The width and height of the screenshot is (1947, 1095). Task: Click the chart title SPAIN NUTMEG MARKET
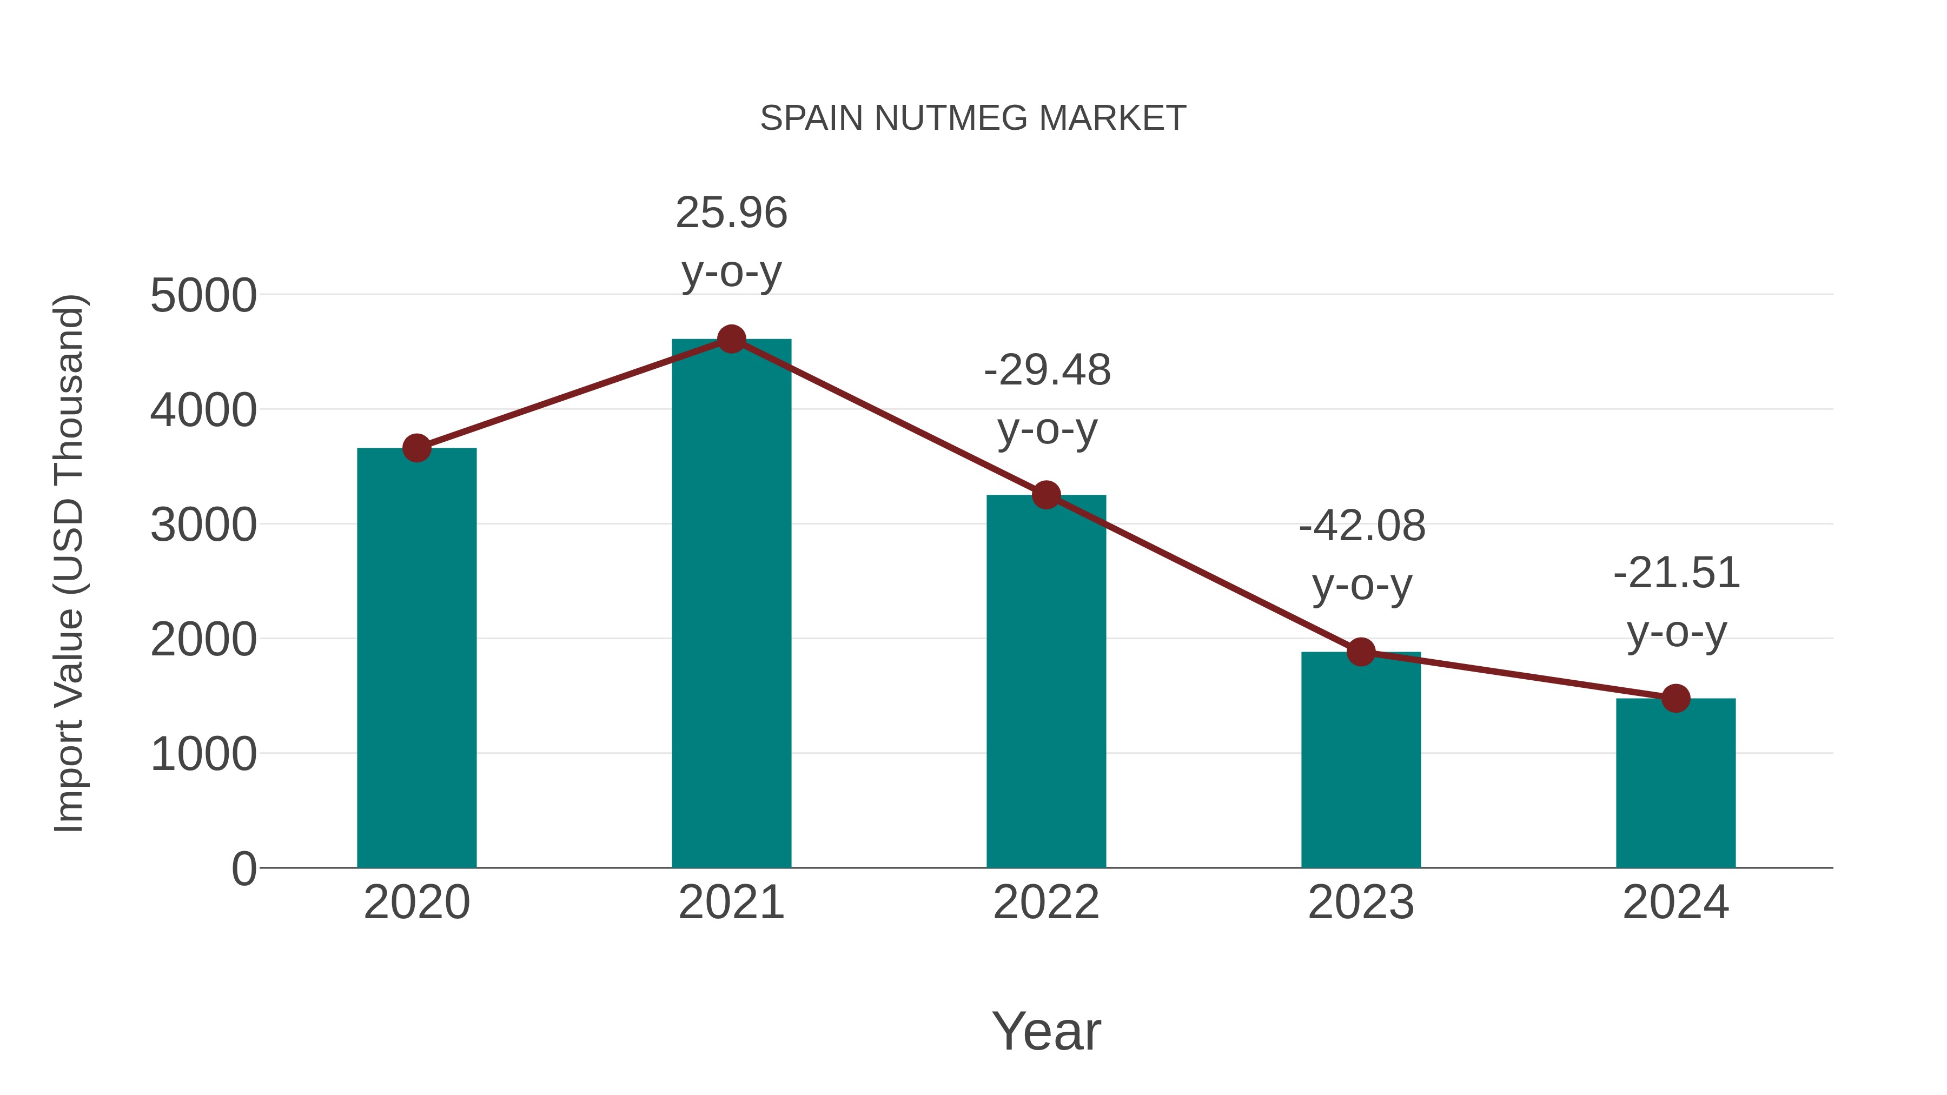[x=973, y=118]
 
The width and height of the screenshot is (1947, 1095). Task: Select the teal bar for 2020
[x=416, y=658]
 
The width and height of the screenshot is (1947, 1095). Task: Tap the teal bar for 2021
[x=731, y=605]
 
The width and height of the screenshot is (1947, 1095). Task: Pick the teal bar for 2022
[x=1046, y=680]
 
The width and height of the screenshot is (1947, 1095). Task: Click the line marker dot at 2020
[x=416, y=448]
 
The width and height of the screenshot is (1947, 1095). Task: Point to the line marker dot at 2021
[x=731, y=339]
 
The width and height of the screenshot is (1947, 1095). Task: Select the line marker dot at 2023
[x=1361, y=652]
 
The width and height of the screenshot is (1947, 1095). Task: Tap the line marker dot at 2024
[x=1676, y=698]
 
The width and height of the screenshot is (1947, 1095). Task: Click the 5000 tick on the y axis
[x=203, y=295]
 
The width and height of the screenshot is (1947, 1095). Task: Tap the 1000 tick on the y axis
[x=203, y=754]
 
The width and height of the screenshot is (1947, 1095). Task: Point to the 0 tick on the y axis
[x=244, y=869]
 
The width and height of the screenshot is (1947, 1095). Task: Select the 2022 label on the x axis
[x=1046, y=902]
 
